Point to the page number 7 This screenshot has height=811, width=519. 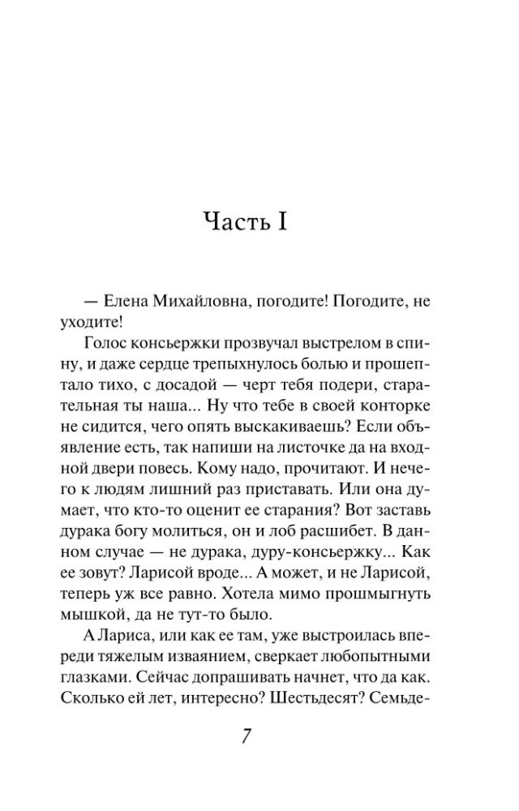[x=249, y=739]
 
